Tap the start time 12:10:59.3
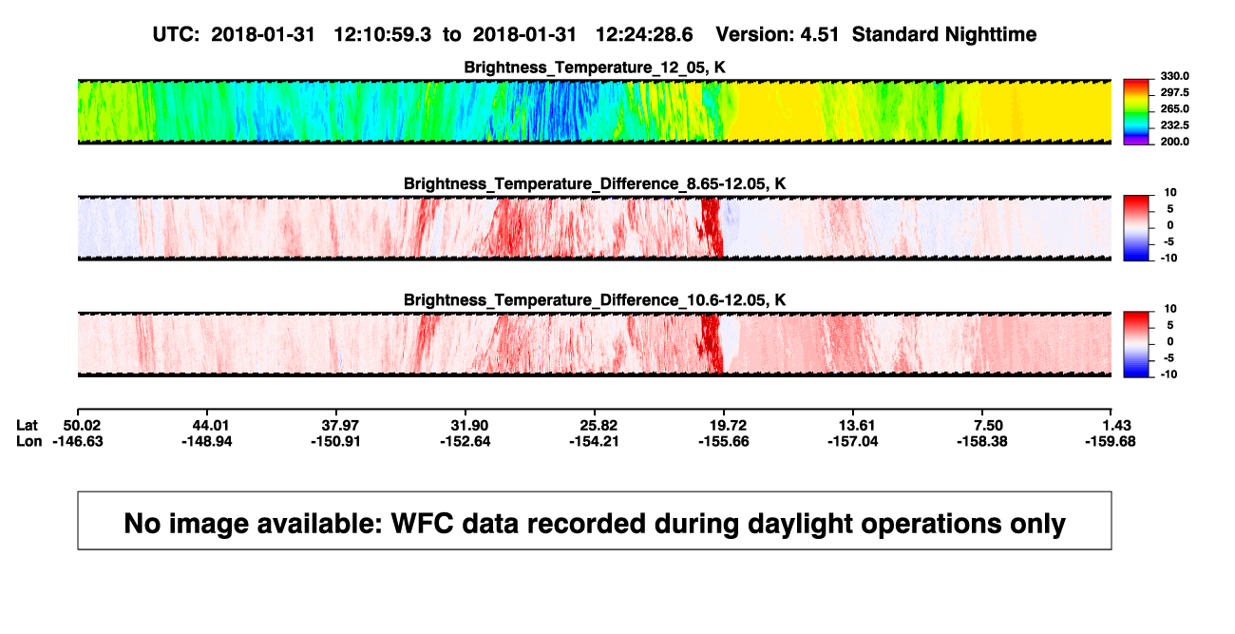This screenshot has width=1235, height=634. pyautogui.click(x=383, y=34)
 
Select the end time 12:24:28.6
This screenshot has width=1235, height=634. pyautogui.click(x=644, y=34)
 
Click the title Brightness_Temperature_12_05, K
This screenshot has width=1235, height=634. pyautogui.click(x=595, y=67)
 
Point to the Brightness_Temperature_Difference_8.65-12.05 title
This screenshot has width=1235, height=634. pyautogui.click(x=595, y=183)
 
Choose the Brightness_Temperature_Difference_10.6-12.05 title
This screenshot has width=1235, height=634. pyautogui.click(x=595, y=300)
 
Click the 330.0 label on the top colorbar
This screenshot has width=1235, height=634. pyautogui.click(x=1174, y=76)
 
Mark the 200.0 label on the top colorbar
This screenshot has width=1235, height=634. pyautogui.click(x=1174, y=142)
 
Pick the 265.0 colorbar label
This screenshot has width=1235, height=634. pyautogui.click(x=1174, y=108)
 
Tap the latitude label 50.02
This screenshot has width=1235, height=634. pyautogui.click(x=82, y=426)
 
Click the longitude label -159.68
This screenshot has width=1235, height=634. pyautogui.click(x=1111, y=441)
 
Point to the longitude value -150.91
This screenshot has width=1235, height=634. pyautogui.click(x=335, y=441)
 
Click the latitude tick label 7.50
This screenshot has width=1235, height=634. pyautogui.click(x=988, y=426)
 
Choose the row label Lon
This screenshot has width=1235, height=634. pyautogui.click(x=28, y=441)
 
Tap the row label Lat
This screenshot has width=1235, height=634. pyautogui.click(x=27, y=426)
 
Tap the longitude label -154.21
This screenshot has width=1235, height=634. pyautogui.click(x=595, y=441)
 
